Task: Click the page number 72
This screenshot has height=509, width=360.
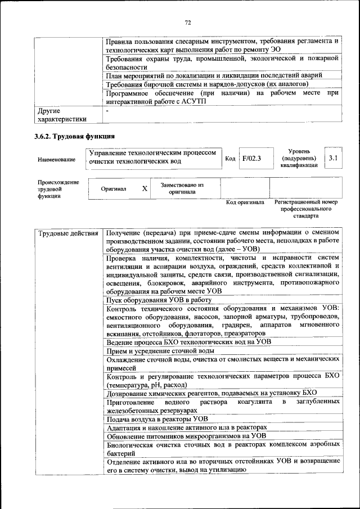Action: click(188, 22)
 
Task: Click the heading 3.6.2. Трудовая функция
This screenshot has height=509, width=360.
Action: click(74, 137)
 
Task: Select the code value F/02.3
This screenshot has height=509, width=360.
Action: click(252, 159)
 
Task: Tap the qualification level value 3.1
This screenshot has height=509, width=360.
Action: click(333, 159)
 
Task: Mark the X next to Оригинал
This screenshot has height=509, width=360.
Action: click(145, 189)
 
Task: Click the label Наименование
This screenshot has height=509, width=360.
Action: click(56, 160)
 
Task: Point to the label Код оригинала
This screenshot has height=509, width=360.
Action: click(245, 202)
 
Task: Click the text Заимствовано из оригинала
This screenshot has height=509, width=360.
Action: click(182, 188)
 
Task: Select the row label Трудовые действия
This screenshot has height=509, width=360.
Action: click(67, 233)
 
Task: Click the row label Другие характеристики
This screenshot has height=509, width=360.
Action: click(62, 115)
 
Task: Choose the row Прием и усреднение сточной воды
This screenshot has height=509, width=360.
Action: click(160, 351)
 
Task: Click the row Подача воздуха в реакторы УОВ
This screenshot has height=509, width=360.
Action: click(157, 419)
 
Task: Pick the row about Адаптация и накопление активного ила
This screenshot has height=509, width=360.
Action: click(186, 427)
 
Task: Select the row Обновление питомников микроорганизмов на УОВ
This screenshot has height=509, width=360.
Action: click(186, 436)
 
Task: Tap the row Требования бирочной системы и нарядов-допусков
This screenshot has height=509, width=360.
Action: click(207, 84)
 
